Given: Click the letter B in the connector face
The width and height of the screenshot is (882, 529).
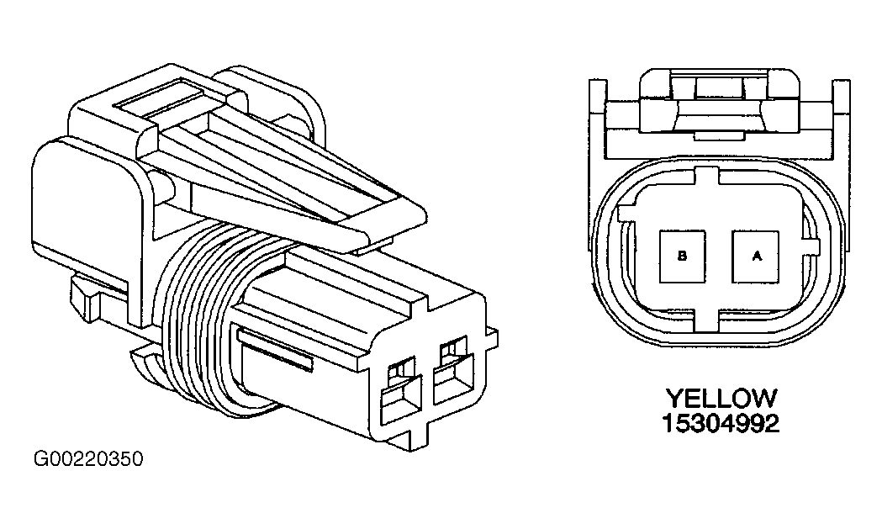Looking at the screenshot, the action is (x=682, y=256).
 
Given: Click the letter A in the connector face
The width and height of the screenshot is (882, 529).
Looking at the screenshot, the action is (x=757, y=256).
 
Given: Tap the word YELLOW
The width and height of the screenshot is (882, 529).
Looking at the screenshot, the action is (x=721, y=399).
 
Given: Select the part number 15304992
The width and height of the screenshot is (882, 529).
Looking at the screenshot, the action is (x=721, y=423).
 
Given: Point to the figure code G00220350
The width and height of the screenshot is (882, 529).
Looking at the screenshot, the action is (x=89, y=459).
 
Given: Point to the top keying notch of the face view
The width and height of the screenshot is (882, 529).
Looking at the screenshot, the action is (x=707, y=175).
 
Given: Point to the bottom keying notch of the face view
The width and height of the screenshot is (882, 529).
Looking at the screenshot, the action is (x=707, y=321).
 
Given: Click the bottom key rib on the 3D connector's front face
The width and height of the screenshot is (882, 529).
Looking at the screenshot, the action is (x=417, y=438).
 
